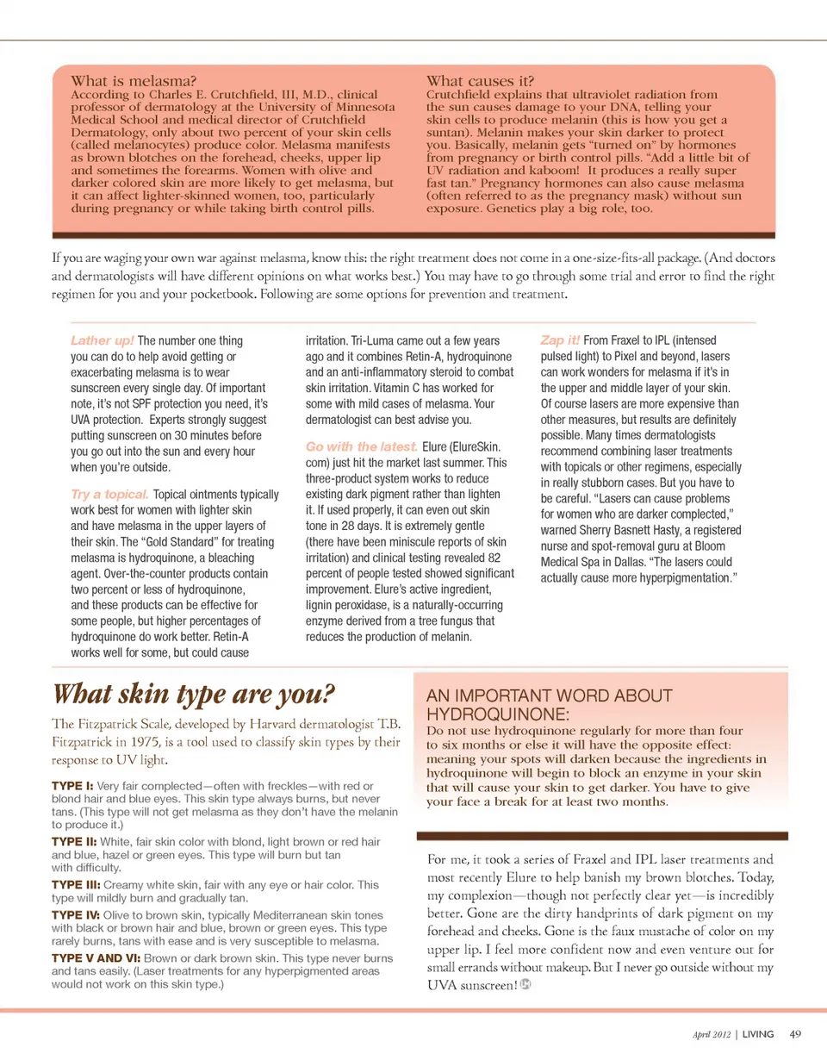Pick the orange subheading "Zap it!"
coord(562,340)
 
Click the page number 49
coord(795,1033)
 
